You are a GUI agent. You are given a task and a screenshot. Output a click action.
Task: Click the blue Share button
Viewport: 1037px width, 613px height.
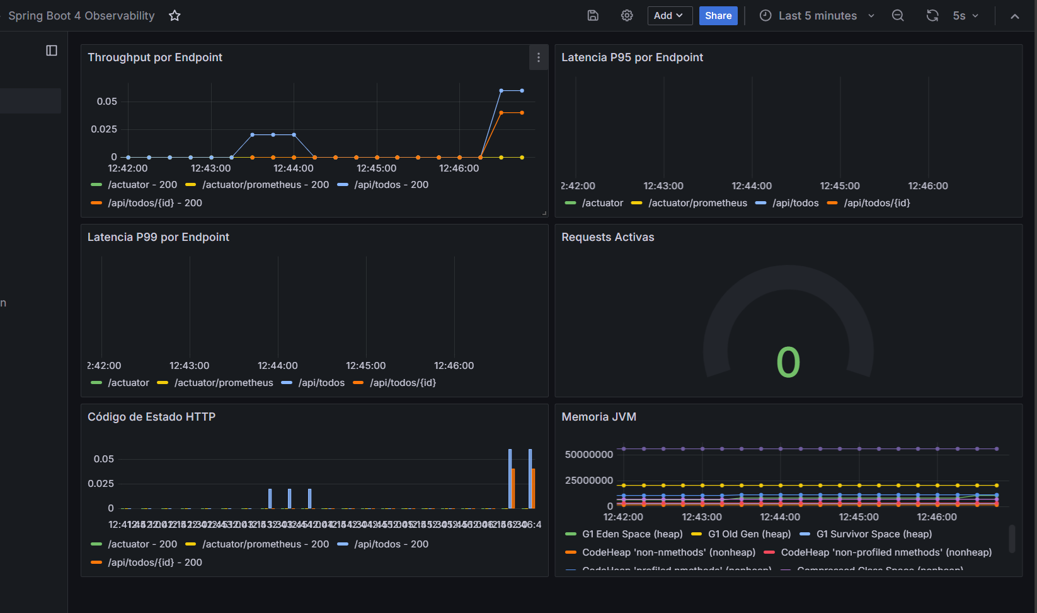point(718,16)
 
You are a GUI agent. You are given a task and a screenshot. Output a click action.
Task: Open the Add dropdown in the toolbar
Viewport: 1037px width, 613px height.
point(669,16)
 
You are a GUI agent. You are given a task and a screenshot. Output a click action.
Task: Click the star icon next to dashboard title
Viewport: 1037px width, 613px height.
point(175,16)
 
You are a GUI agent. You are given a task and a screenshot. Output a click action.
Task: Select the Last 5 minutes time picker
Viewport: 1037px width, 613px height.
point(817,16)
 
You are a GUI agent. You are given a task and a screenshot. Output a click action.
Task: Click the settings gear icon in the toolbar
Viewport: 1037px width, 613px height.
point(627,16)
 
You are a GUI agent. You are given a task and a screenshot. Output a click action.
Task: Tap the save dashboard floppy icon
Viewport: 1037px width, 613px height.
point(593,16)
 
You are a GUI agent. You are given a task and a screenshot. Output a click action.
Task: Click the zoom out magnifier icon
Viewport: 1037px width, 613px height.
point(898,16)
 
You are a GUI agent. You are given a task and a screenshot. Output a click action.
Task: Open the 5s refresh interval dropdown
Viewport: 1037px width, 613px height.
point(966,16)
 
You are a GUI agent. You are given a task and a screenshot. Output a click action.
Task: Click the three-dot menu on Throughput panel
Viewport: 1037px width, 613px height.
point(538,57)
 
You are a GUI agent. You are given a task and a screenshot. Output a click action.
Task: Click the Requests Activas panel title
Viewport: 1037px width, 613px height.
point(607,237)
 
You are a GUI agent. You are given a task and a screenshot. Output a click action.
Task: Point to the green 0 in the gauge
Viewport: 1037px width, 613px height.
point(788,363)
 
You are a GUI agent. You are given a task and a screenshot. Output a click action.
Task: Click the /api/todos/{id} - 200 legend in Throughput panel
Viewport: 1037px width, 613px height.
point(154,203)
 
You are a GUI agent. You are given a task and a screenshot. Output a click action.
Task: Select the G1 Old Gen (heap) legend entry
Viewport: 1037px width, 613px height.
point(749,534)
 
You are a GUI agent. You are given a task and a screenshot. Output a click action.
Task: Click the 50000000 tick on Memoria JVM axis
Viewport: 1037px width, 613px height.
point(588,455)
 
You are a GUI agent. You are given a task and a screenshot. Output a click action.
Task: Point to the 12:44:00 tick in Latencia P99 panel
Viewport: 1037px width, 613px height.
point(277,366)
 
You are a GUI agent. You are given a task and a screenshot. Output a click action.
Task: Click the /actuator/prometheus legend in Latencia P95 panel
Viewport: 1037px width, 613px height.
point(697,203)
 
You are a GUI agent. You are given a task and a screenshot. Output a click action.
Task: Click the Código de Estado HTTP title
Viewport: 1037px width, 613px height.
point(151,417)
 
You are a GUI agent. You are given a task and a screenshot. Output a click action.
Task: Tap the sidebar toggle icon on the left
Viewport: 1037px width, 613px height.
point(52,50)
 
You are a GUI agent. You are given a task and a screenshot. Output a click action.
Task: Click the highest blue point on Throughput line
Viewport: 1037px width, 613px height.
point(501,91)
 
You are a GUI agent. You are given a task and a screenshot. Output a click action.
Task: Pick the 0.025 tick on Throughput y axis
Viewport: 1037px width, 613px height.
point(104,129)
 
